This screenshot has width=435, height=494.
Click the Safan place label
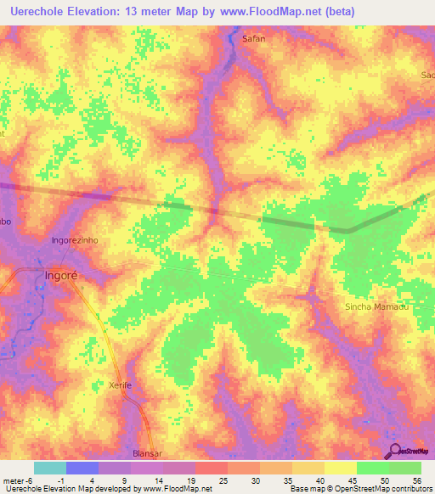click(254, 39)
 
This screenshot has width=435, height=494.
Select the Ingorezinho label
click(76, 240)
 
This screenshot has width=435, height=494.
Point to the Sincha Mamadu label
click(377, 306)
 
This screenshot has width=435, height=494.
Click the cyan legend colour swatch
click(49, 468)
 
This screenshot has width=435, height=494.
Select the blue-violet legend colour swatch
click(82, 468)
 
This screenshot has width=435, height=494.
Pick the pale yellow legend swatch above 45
click(340, 468)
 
